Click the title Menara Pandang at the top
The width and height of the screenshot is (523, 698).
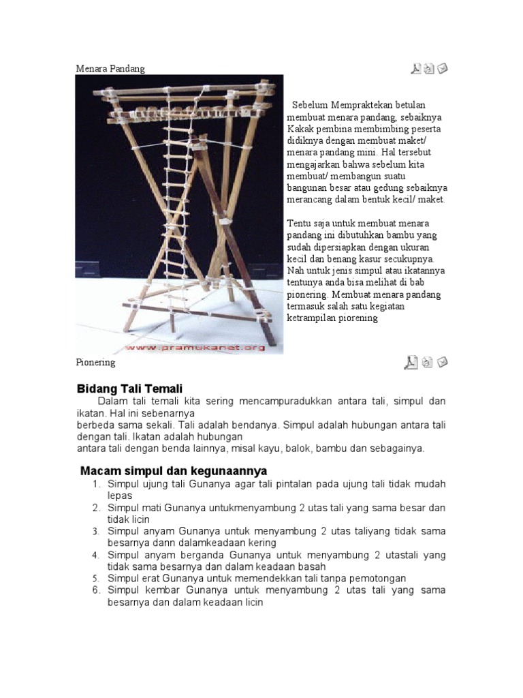point(110,69)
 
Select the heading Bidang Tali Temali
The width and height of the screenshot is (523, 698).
point(129,388)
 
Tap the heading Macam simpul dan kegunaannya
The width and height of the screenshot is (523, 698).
point(174,471)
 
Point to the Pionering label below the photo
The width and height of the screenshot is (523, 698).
point(95,363)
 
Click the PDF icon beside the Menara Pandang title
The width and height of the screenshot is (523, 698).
point(415,68)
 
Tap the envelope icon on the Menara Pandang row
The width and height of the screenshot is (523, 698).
point(443,68)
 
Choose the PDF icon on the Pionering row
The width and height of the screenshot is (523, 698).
point(411,363)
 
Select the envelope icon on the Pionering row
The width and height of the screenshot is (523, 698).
point(443,362)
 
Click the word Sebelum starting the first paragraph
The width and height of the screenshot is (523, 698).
point(310,105)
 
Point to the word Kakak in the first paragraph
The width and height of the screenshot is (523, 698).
point(302,129)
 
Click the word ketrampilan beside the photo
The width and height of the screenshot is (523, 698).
point(315,318)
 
